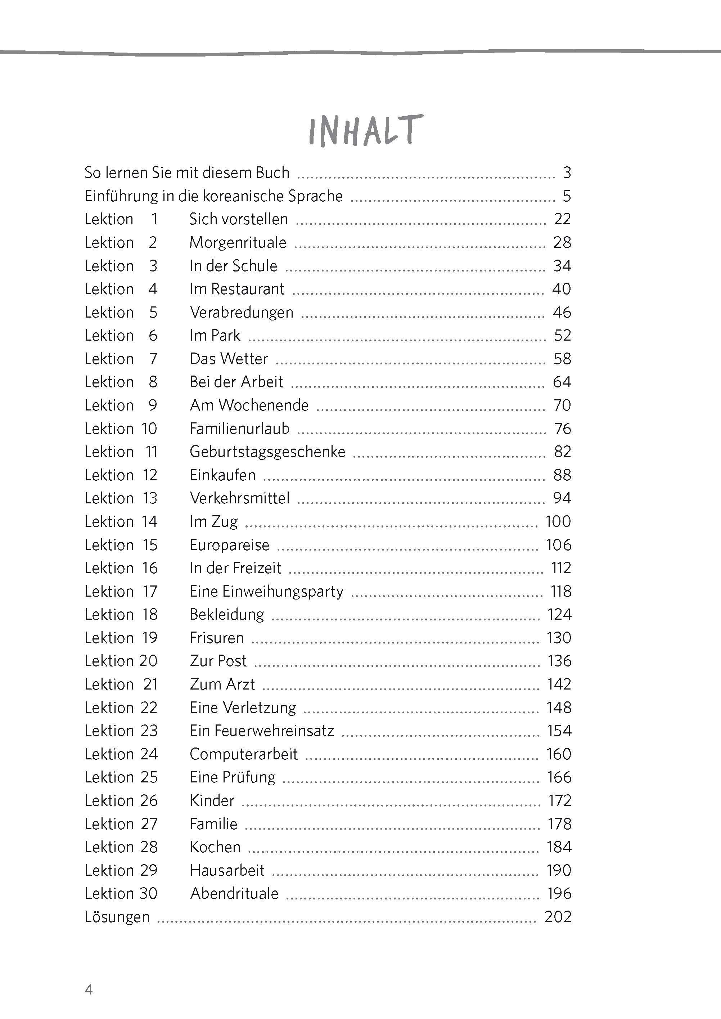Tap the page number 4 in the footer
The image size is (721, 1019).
tap(89, 990)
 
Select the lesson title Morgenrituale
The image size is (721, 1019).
tap(238, 242)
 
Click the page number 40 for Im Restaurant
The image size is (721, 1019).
tap(561, 289)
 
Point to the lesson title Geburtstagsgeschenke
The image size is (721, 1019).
tap(267, 452)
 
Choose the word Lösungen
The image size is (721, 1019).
tap(117, 917)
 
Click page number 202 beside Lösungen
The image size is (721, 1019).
tap(558, 917)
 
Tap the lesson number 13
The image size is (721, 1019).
tap(150, 498)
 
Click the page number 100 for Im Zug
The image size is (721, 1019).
tap(558, 521)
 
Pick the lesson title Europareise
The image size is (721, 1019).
tap(229, 545)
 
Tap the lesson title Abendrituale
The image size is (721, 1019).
tap(234, 893)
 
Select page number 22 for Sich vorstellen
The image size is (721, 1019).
tap(562, 219)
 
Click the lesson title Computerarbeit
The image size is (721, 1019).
tap(243, 754)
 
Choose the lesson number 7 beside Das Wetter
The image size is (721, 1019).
tap(153, 359)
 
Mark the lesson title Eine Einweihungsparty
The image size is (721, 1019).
tap(266, 592)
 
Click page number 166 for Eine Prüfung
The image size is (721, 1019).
tap(559, 777)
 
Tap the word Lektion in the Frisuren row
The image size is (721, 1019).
tap(109, 638)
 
